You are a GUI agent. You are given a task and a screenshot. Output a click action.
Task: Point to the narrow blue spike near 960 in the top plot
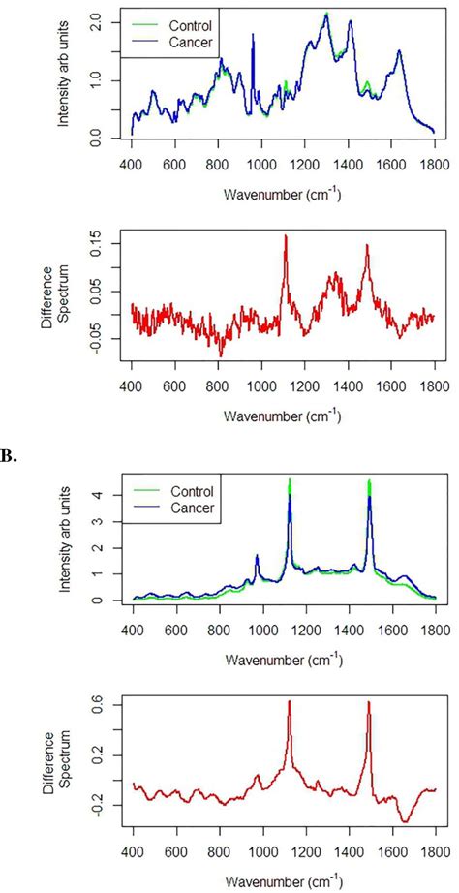tap(253, 36)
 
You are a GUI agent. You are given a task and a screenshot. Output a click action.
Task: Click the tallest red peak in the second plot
tap(286, 236)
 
